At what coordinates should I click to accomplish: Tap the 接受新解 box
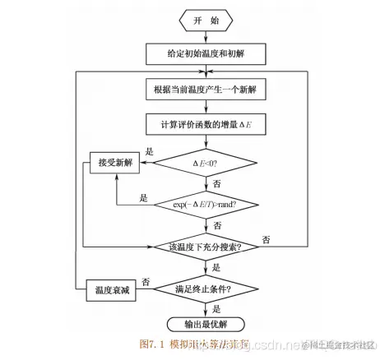114,163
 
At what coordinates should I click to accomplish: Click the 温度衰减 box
114,288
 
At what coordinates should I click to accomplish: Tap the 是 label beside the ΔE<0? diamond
150,152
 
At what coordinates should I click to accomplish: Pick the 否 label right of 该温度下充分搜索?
266,239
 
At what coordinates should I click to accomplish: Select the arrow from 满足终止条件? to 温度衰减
152,288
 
